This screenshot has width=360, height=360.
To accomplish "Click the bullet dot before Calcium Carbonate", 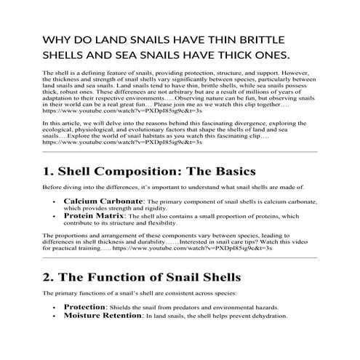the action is [x=56, y=200].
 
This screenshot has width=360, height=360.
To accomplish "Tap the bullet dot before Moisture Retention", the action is [x=56, y=316].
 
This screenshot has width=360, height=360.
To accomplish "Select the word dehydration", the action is [x=269, y=316].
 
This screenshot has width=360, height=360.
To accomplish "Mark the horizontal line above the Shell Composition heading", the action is [x=180, y=152].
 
